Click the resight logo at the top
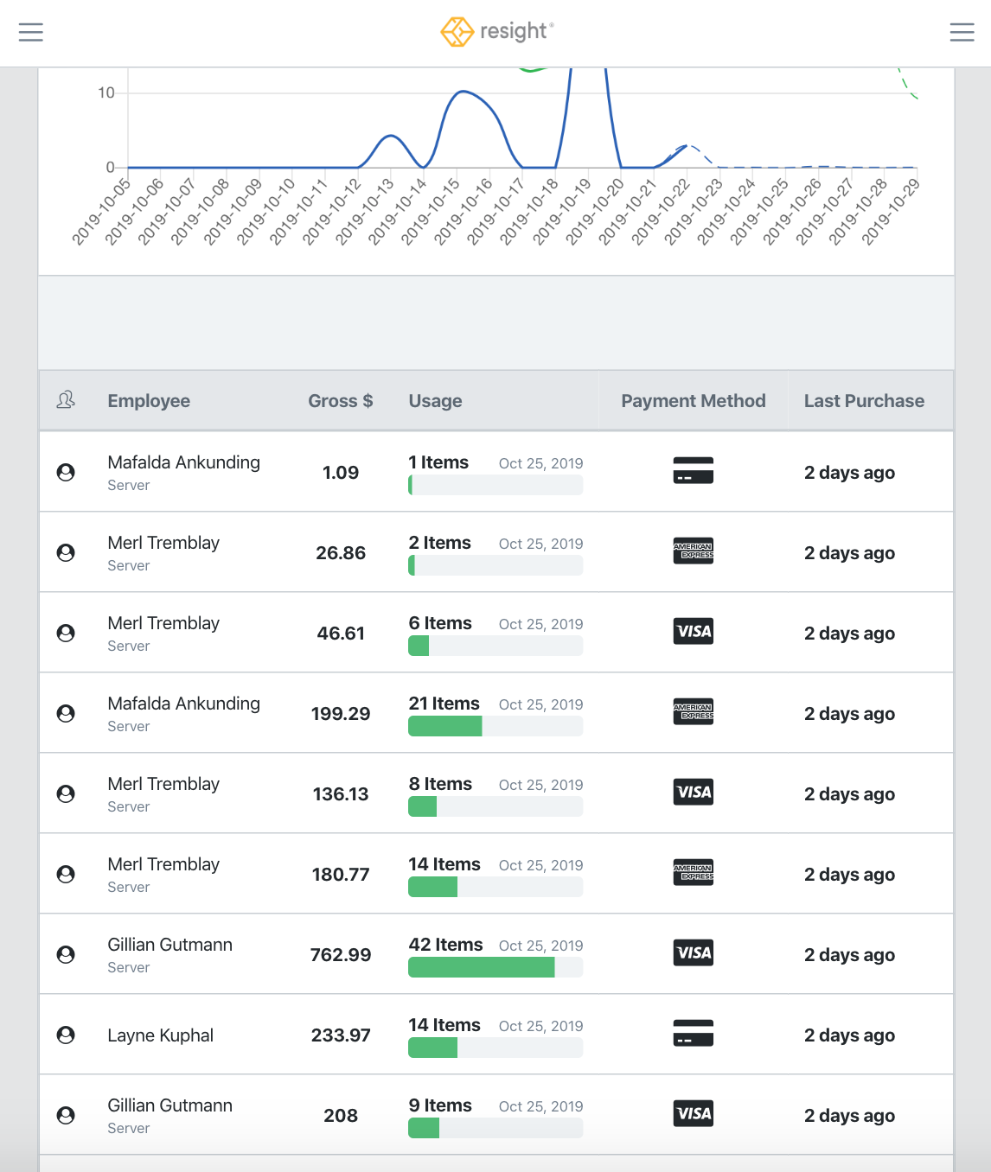[x=496, y=31]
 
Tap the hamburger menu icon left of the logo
[x=31, y=33]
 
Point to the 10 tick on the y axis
[x=106, y=92]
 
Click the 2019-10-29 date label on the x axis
[x=892, y=212]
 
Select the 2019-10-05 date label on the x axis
[x=101, y=212]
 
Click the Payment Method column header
[x=693, y=401]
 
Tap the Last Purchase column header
[x=863, y=401]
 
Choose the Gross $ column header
[x=340, y=401]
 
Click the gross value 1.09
[x=340, y=473]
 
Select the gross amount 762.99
[x=340, y=955]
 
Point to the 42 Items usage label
[x=445, y=945]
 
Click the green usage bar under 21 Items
[x=444, y=727]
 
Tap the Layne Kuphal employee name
[x=160, y=1035]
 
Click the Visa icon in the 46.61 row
[x=693, y=632]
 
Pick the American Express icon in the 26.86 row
[x=693, y=551]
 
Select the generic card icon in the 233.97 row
[x=693, y=1034]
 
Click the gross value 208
[x=340, y=1116]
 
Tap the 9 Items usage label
[x=440, y=1105]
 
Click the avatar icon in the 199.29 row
[x=66, y=714]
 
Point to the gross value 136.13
[x=340, y=794]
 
